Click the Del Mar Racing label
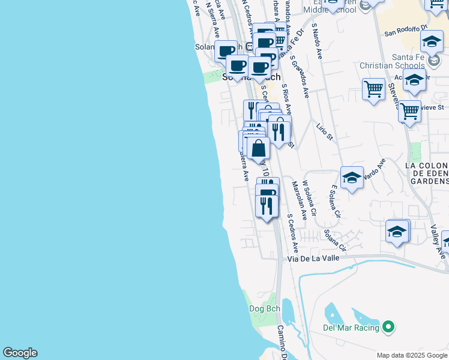pyautogui.click(x=351, y=328)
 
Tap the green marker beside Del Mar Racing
pyautogui.click(x=388, y=327)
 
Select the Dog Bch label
pyautogui.click(x=265, y=308)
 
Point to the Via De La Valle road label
pyautogui.click(x=313, y=258)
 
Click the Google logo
pyautogui.click(x=20, y=353)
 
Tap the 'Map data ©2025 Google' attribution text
pyautogui.click(x=412, y=355)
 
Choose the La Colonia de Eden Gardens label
pyautogui.click(x=427, y=173)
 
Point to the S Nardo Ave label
pyautogui.click(x=317, y=41)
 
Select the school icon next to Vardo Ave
pyautogui.click(x=352, y=177)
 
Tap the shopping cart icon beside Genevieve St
pyautogui.click(x=409, y=111)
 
